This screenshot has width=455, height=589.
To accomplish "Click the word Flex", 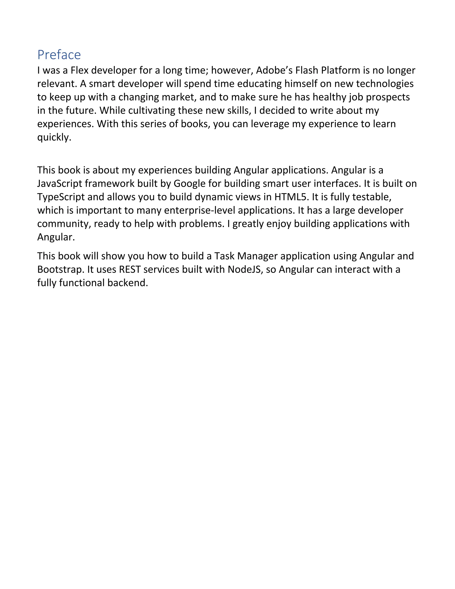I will point(80,70).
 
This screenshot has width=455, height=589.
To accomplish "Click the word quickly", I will point(54,138).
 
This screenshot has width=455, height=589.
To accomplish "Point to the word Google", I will point(189,184).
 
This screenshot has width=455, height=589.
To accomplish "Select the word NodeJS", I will point(245,269).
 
